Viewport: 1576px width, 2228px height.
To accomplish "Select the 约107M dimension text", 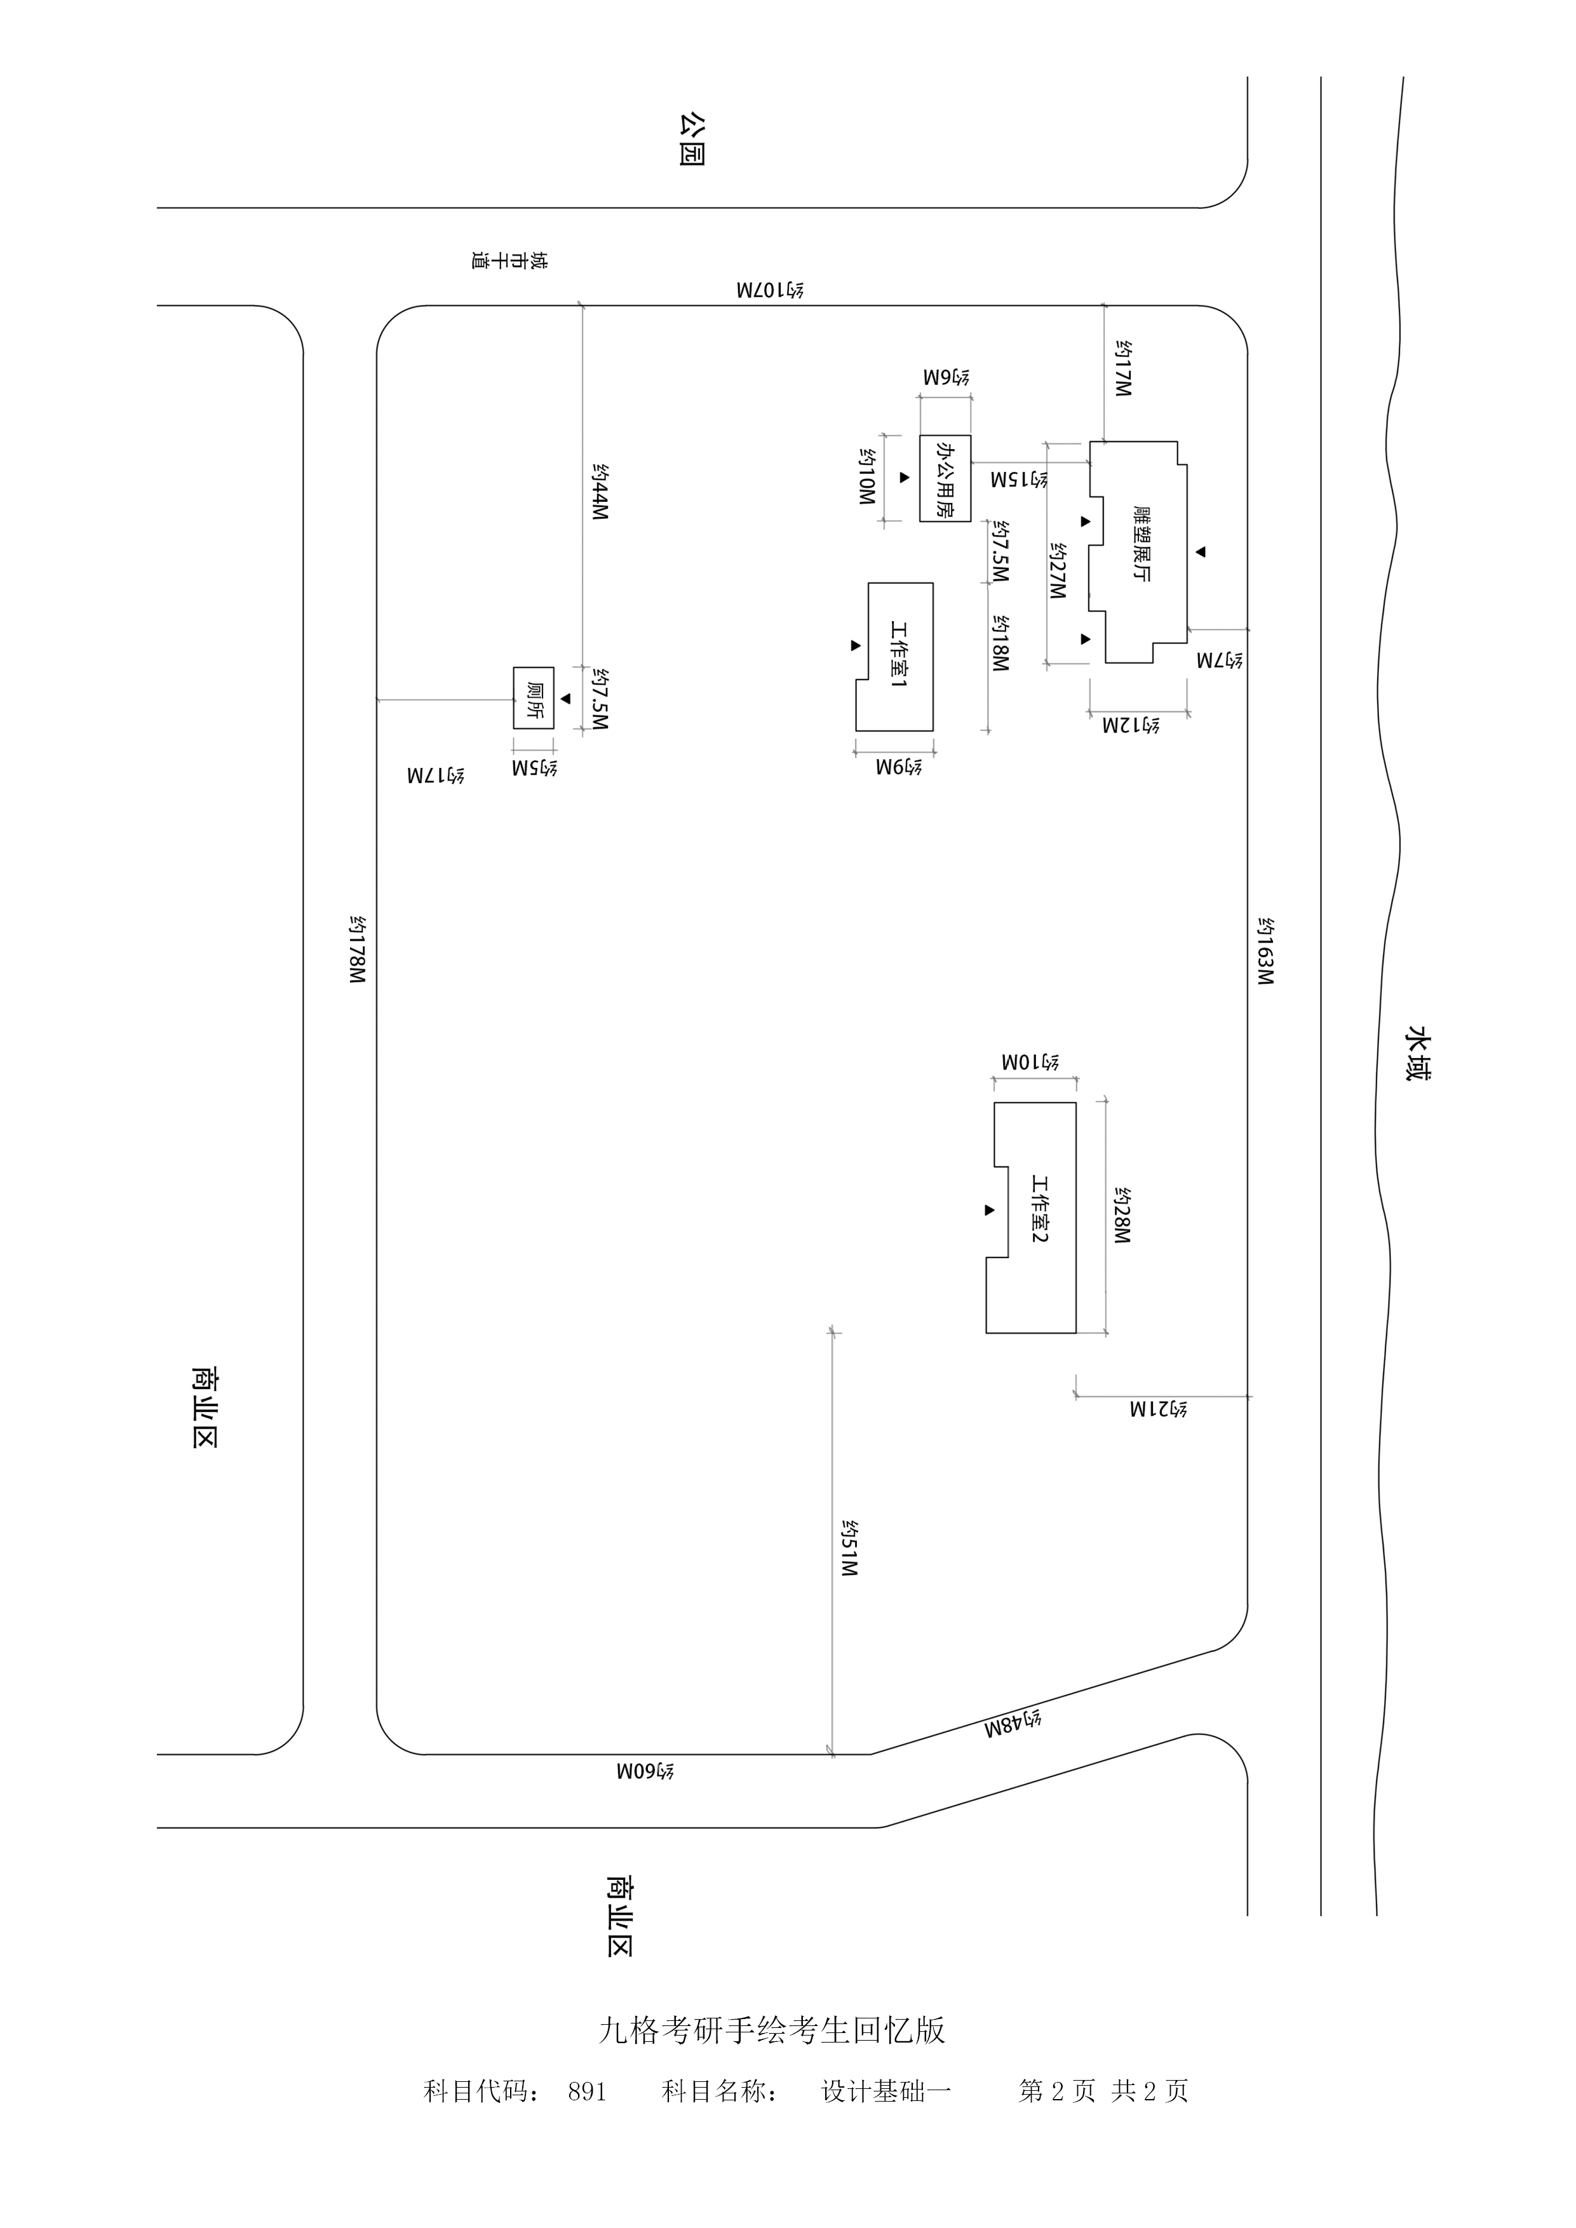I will tap(769, 290).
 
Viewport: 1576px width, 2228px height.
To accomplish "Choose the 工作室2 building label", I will tap(1039, 1209).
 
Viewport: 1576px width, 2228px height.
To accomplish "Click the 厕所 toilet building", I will tap(534, 699).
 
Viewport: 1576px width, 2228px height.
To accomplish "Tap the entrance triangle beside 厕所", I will tap(566, 699).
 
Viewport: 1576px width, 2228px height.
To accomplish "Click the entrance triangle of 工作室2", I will tap(990, 1210).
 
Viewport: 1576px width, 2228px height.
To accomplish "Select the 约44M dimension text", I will tap(600, 492).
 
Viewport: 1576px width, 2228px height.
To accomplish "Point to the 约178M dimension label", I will tap(357, 950).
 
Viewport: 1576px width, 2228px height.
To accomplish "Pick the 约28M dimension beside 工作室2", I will tap(1121, 1216).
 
